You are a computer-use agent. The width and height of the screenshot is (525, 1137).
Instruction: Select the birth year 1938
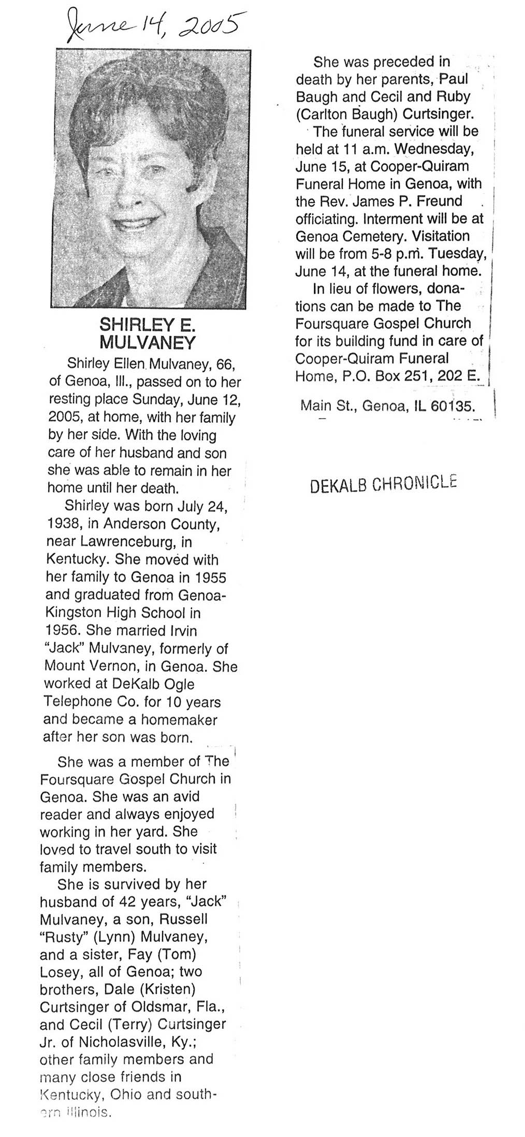(x=64, y=524)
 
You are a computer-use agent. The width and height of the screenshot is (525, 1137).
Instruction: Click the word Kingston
(x=73, y=613)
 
